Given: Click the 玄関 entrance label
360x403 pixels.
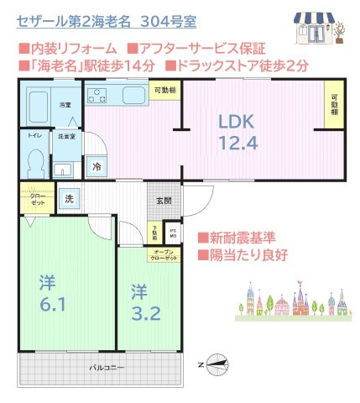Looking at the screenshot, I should tap(164, 201).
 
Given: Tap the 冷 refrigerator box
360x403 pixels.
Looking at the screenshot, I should tap(97, 167).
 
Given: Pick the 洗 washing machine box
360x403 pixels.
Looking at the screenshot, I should tap(70, 200).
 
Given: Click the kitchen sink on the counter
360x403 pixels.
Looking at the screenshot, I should tap(134, 95).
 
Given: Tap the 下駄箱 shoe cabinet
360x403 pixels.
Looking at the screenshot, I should tap(155, 232).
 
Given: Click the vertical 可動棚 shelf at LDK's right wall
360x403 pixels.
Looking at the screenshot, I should tap(335, 107).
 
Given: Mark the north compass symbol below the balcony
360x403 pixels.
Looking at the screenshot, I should tap(214, 364).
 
